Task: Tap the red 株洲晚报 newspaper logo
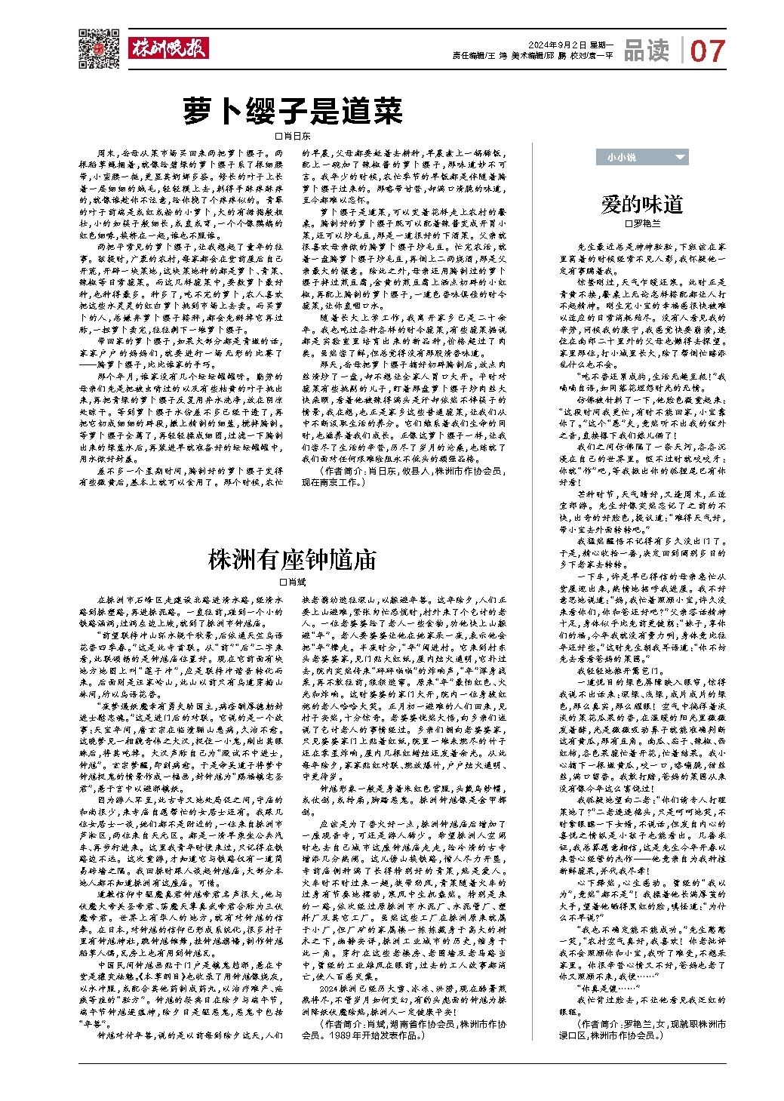[x=167, y=48]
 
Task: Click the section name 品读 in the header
[x=646, y=50]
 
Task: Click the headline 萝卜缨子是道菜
[x=294, y=112]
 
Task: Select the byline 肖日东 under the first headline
[x=297, y=137]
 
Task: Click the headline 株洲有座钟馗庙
[x=292, y=560]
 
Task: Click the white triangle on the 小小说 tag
[x=681, y=157]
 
